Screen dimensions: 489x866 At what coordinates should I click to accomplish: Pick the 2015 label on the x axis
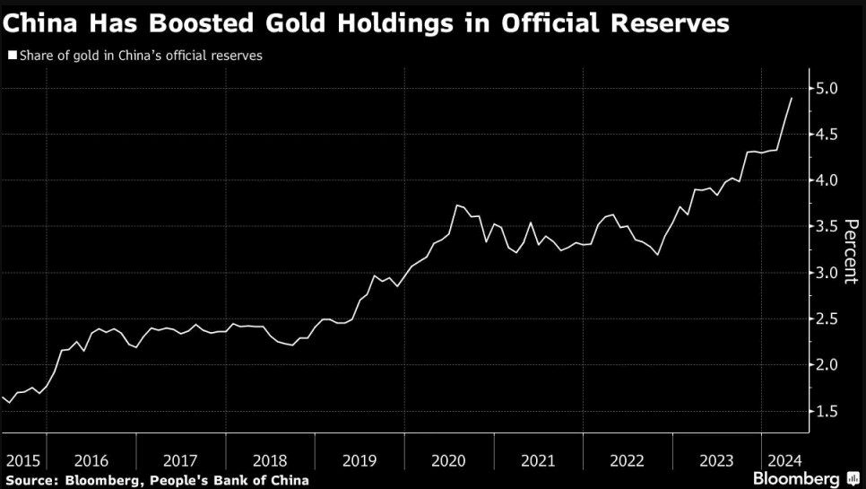click(x=22, y=460)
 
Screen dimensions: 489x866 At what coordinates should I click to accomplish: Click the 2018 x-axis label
click(x=270, y=460)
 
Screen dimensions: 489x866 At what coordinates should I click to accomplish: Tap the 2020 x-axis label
click(x=448, y=460)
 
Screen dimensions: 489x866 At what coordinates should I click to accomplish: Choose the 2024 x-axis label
click(x=778, y=460)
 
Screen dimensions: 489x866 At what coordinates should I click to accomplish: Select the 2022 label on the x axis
click(x=628, y=460)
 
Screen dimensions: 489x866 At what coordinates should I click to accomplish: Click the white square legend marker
click(x=12, y=56)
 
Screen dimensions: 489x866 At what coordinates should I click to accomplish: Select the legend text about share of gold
click(x=140, y=56)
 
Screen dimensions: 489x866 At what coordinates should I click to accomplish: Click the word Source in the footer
click(x=30, y=480)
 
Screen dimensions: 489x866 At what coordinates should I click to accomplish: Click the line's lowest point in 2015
click(x=10, y=403)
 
